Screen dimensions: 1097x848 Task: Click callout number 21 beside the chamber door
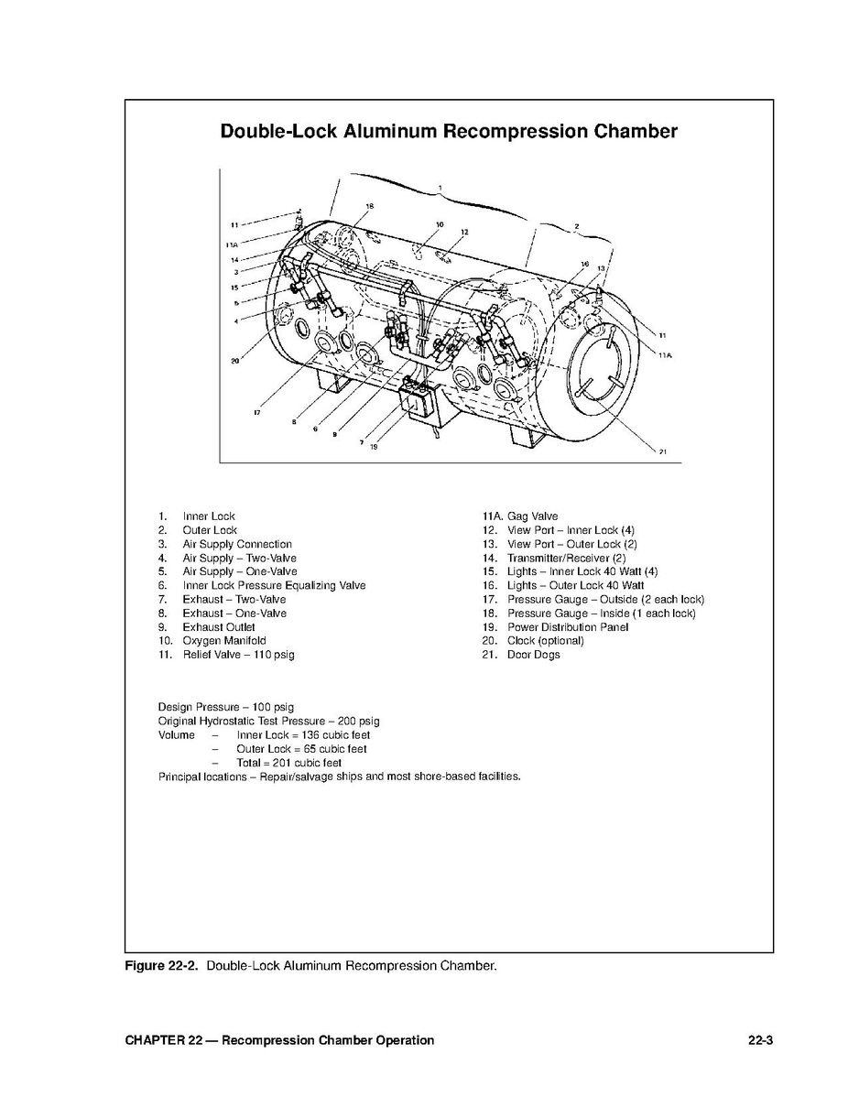coord(662,451)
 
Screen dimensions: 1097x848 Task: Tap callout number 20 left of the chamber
coord(234,361)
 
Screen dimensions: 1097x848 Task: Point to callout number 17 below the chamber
coord(257,413)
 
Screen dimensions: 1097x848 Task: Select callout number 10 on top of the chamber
coord(440,224)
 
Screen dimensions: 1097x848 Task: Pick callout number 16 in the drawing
coord(584,264)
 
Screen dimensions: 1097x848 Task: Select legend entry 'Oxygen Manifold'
coord(223,641)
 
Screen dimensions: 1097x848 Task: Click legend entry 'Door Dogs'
coord(533,655)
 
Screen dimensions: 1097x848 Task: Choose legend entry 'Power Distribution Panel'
coord(568,627)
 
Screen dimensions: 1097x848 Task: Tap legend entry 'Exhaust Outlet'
coord(219,627)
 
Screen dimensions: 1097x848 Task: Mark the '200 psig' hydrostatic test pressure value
coord(356,721)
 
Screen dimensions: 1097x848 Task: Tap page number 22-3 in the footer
coord(760,1040)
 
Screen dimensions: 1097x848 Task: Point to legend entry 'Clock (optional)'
coord(545,641)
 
